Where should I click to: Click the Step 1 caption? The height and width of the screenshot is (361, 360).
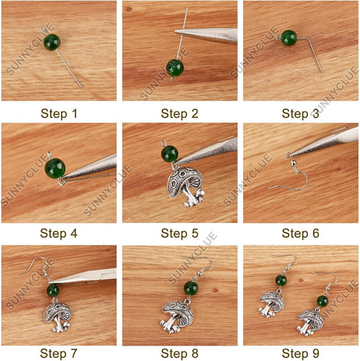(59, 113)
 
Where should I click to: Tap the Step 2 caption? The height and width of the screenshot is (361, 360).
(179, 113)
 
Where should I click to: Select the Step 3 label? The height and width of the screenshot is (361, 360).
(300, 113)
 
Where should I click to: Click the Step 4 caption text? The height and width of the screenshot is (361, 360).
(59, 233)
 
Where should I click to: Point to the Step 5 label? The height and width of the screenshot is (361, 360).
(179, 233)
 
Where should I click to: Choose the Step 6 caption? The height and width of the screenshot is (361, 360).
(300, 233)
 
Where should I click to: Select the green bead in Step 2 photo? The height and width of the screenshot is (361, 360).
(175, 68)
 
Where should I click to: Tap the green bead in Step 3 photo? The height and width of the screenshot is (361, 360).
(289, 37)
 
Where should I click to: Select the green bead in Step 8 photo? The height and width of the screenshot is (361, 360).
(191, 287)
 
